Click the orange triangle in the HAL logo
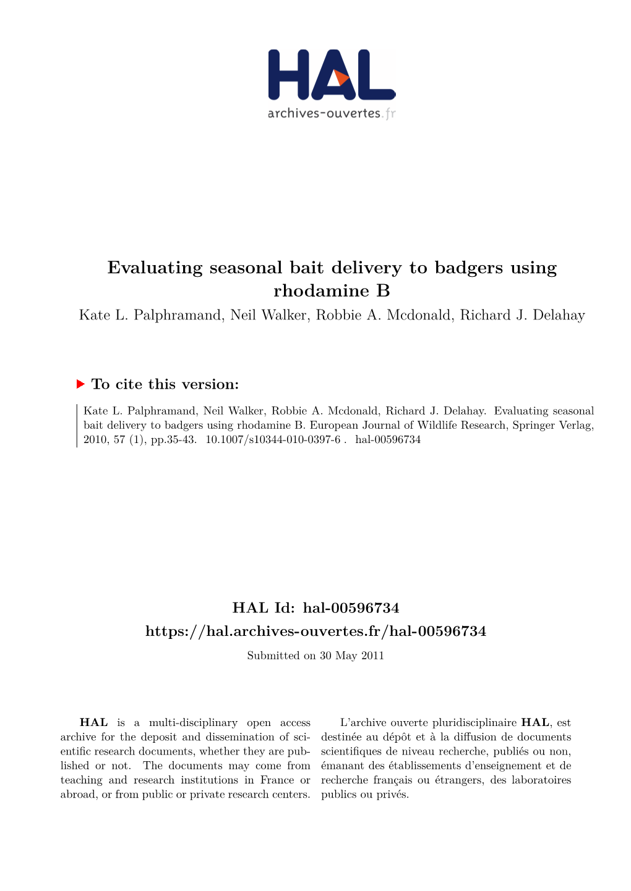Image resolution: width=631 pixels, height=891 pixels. click(x=340, y=78)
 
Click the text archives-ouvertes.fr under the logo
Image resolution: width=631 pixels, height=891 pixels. click(x=331, y=113)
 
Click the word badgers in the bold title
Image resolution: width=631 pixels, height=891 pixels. click(x=470, y=268)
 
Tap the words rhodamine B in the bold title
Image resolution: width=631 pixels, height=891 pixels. click(x=332, y=290)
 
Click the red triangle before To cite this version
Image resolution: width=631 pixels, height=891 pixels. click(x=80, y=384)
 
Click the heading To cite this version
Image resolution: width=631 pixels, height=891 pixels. click(x=165, y=384)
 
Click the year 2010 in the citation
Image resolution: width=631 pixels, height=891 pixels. click(x=95, y=439)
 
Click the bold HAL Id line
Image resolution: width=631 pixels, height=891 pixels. click(x=315, y=608)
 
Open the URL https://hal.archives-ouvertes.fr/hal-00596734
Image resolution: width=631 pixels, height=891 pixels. click(x=315, y=631)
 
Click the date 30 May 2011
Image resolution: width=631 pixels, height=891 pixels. click(x=351, y=656)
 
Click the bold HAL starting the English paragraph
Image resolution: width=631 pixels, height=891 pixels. click(x=93, y=722)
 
